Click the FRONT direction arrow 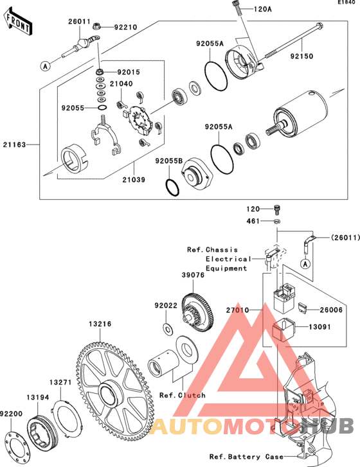tap(17, 21)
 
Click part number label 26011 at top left tap(79, 21)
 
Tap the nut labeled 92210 tap(96, 26)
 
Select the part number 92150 tap(301, 56)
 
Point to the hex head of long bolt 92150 tap(319, 26)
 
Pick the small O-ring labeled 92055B tap(172, 188)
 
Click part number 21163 tap(15, 145)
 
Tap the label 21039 tap(134, 180)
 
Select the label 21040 tap(122, 84)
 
